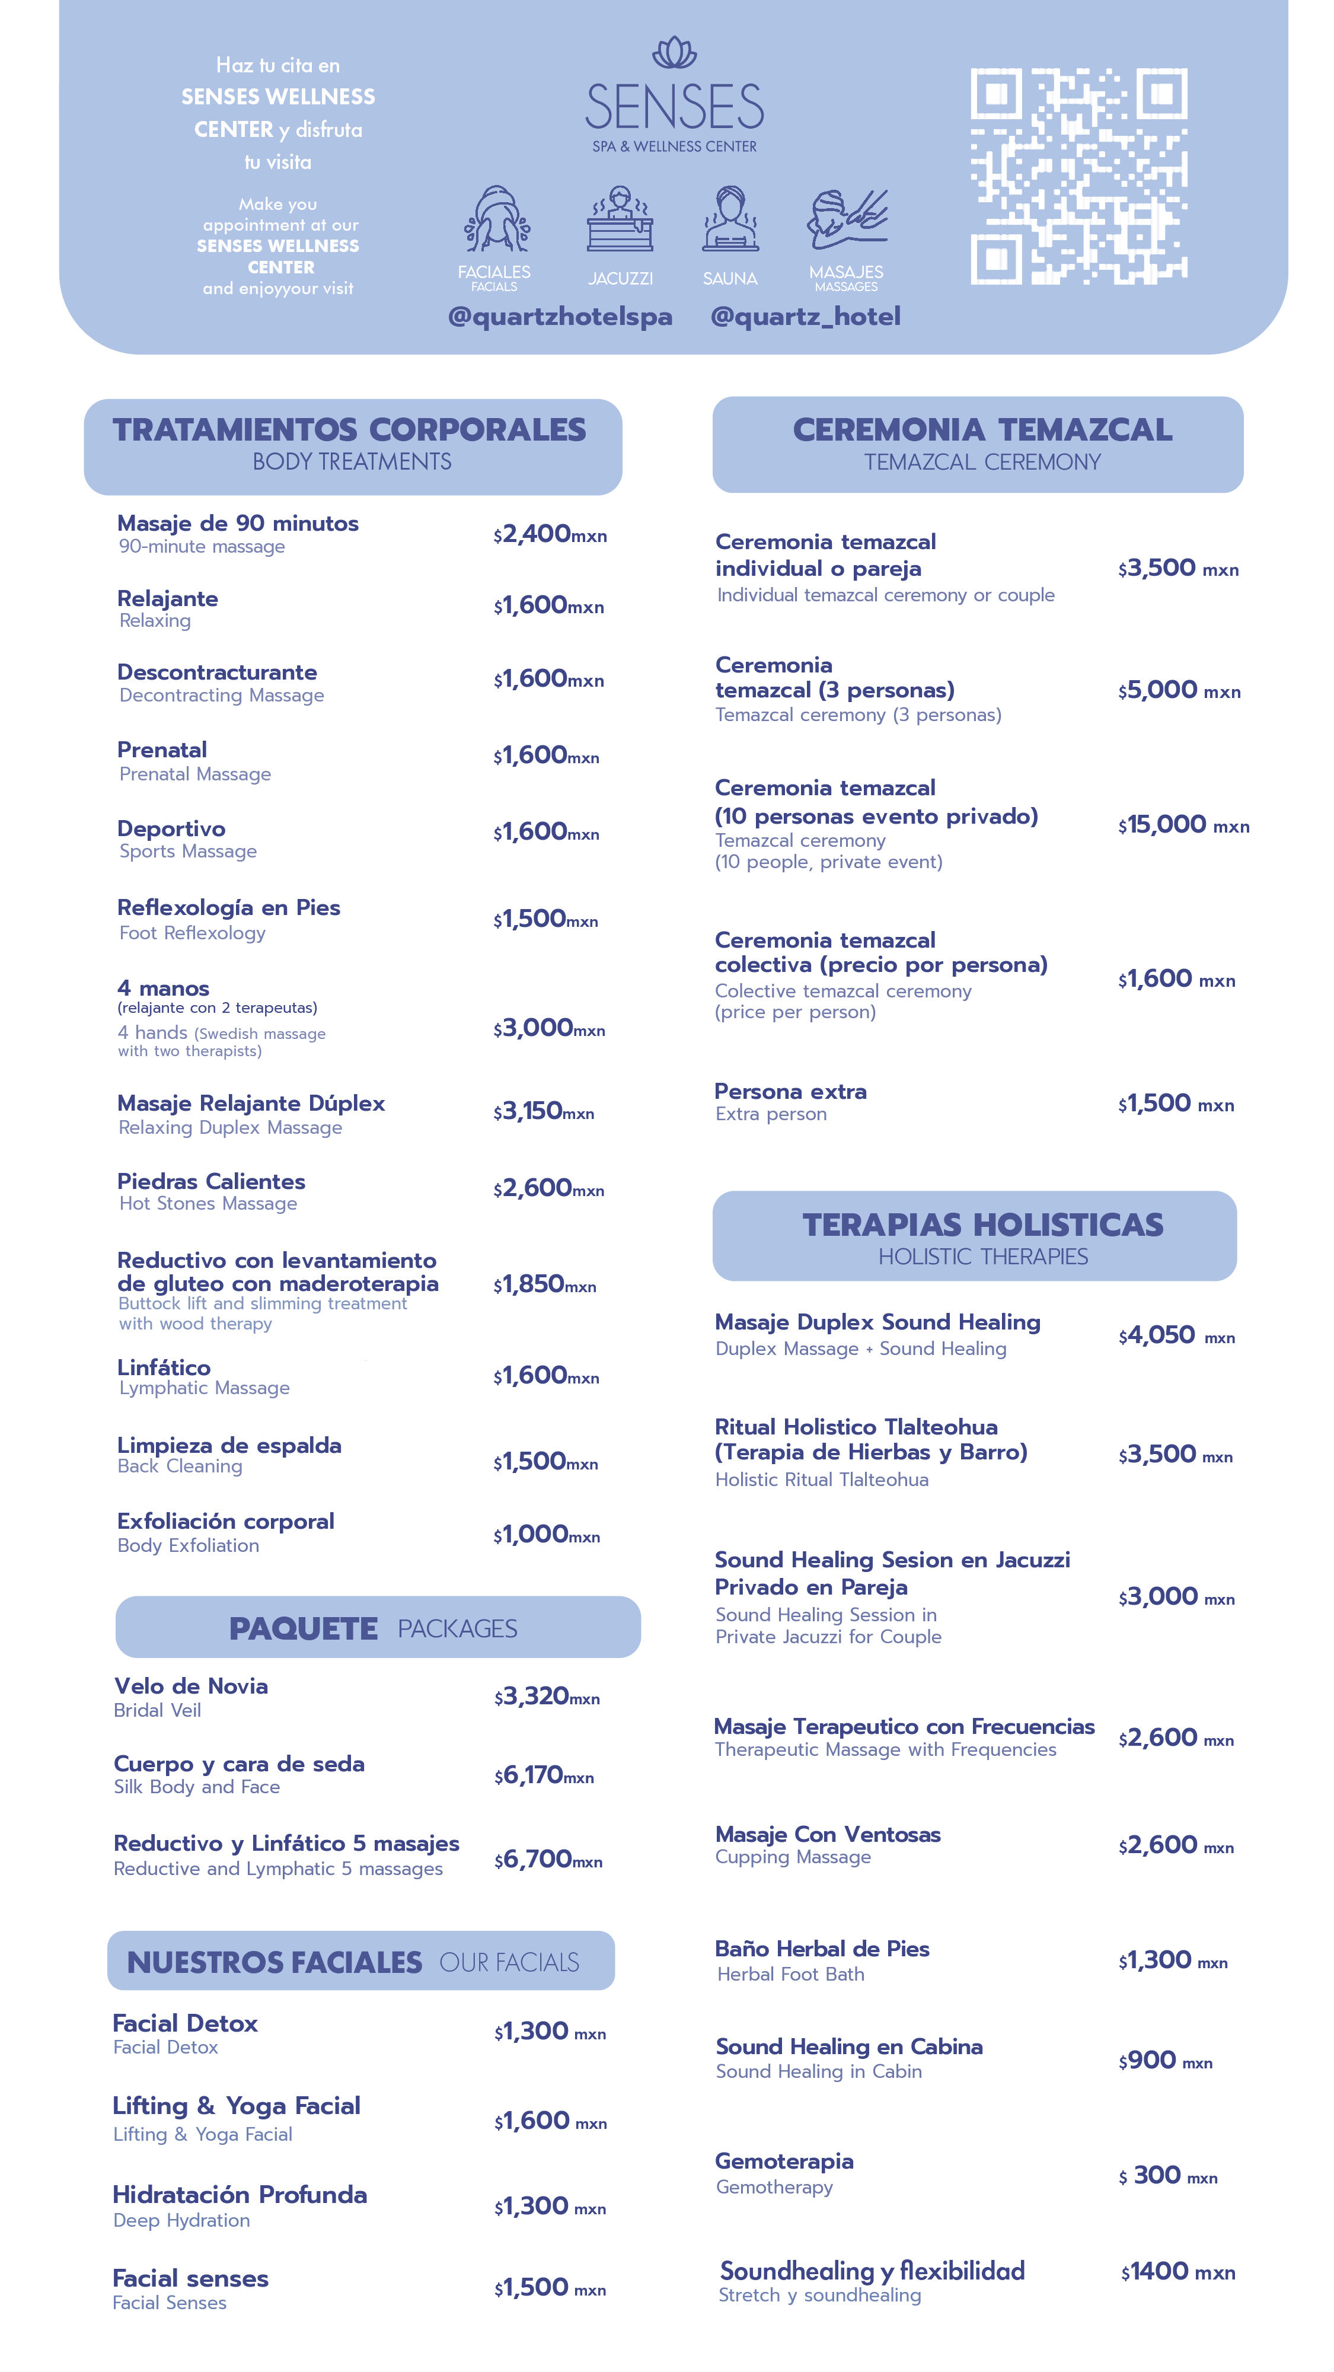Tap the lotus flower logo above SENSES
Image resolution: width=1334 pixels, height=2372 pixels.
675,53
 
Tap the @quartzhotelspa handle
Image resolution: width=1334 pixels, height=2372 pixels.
560,317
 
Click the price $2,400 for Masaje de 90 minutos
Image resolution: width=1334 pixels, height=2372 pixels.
548,534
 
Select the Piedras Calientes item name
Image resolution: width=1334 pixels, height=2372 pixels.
211,1181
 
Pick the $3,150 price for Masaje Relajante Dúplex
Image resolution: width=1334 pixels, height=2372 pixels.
543,1111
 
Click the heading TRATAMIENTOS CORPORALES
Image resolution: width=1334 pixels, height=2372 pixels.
349,430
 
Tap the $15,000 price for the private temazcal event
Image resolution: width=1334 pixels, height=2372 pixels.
1182,825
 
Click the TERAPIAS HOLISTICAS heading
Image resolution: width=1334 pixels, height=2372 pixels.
982,1225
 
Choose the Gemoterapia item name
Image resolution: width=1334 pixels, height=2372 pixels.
783,2161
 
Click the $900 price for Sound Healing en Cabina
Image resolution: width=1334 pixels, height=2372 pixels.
1164,2061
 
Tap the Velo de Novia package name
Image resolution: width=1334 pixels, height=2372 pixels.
190,1686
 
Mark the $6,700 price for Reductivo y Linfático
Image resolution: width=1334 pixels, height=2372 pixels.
547,1859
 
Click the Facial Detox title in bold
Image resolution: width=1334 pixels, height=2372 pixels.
184,2023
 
